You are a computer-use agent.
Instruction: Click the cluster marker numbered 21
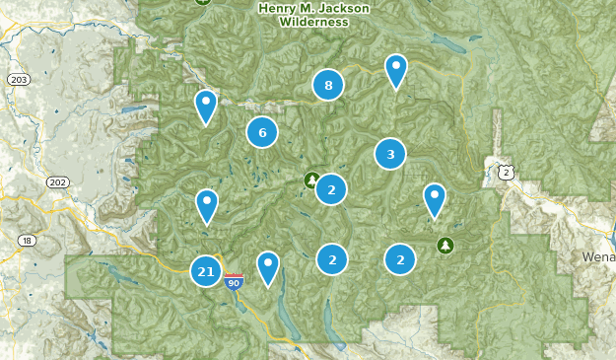click(206, 271)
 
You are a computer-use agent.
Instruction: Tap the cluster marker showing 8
click(328, 86)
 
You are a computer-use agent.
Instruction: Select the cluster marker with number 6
click(261, 132)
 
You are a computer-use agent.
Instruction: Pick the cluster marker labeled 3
click(390, 154)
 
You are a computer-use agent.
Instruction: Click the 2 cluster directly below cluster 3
click(400, 259)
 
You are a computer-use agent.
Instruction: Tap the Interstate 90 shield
click(234, 282)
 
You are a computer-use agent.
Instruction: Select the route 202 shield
click(57, 181)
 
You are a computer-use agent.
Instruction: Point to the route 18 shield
click(26, 241)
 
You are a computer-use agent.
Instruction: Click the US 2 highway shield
click(505, 172)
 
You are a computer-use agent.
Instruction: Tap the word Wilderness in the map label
click(313, 21)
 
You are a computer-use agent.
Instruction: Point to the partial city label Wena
click(597, 255)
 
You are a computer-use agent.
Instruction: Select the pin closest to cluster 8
click(395, 70)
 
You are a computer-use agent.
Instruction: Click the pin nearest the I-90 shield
click(267, 266)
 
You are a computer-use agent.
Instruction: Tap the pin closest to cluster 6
click(205, 105)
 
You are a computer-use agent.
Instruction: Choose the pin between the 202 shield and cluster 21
click(206, 205)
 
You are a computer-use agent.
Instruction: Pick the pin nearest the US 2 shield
click(435, 199)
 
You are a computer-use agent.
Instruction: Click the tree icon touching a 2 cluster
click(311, 180)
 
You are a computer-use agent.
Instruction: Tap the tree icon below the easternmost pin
click(445, 244)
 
